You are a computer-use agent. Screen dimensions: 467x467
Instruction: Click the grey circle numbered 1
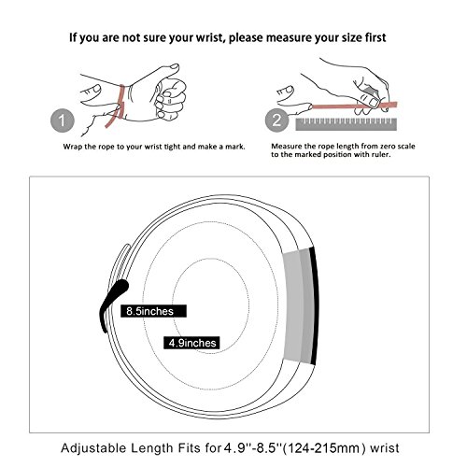63,120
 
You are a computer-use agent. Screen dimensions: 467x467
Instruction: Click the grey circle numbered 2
276,120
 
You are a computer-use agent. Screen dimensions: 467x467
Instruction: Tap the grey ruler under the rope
347,124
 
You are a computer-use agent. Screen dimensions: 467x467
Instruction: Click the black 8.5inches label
153,311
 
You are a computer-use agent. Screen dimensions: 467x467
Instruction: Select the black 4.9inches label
191,343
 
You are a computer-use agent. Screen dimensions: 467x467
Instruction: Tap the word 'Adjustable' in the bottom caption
93,448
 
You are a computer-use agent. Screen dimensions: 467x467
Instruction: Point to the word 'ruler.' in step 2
379,154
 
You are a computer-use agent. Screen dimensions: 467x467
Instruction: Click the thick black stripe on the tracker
315,305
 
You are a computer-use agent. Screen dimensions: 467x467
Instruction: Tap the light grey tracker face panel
292,306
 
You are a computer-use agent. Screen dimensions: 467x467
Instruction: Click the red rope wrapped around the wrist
117,106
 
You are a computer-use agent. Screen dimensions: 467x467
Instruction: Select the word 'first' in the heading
375,37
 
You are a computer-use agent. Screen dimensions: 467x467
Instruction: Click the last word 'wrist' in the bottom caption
385,448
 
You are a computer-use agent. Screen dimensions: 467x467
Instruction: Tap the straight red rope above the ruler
354,106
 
